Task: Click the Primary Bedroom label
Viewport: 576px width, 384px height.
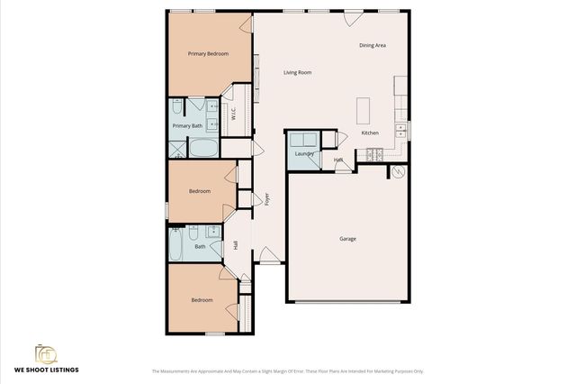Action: pos(207,54)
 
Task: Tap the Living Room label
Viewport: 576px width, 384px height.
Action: pos(297,72)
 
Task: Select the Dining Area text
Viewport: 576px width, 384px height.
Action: pos(373,44)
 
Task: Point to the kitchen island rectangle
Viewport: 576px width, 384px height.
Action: pos(364,110)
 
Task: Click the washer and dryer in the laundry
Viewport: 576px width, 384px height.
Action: pos(302,140)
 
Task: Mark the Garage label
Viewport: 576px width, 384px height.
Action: pos(347,239)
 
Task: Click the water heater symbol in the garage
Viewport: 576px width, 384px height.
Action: pos(399,171)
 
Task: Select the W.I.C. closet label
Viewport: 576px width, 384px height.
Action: pos(233,114)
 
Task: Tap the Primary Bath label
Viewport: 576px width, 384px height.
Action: pos(187,126)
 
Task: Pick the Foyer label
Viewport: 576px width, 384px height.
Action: pos(267,199)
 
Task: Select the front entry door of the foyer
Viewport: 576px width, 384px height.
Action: pos(269,257)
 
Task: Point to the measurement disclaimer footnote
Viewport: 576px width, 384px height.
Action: pos(287,370)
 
